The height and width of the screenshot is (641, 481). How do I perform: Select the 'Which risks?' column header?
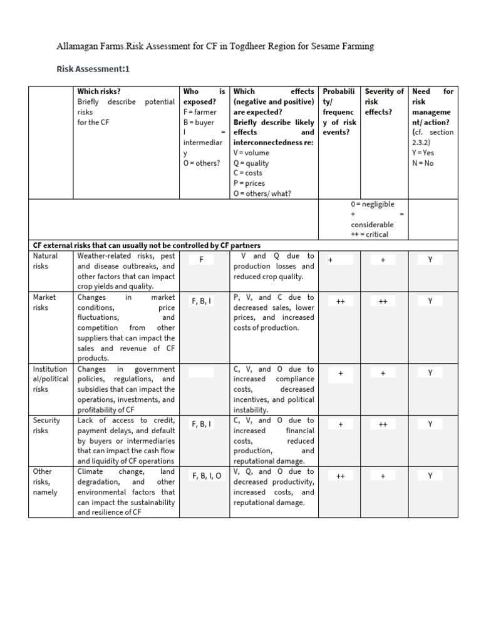(x=99, y=91)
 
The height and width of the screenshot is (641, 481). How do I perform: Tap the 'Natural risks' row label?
(x=45, y=261)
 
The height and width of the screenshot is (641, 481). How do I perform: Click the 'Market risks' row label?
(x=44, y=302)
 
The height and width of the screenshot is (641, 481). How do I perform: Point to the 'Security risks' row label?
(x=46, y=426)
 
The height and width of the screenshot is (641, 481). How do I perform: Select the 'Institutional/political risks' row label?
(x=49, y=379)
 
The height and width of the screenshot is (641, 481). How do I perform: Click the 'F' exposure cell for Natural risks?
(x=202, y=260)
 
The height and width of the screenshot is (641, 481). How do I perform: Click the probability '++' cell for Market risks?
(x=340, y=301)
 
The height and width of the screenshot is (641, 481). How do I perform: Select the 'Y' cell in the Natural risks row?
(x=430, y=259)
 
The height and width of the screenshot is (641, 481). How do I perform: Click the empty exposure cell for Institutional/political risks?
(x=202, y=373)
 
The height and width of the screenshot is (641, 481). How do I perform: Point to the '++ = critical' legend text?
(x=370, y=234)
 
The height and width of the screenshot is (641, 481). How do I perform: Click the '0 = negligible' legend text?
(x=372, y=204)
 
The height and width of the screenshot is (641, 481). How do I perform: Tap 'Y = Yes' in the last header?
(x=423, y=153)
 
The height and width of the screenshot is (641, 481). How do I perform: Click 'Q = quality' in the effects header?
(x=251, y=163)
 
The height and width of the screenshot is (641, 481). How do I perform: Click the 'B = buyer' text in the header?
(x=199, y=122)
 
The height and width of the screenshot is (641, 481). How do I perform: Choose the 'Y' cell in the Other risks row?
(x=430, y=476)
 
